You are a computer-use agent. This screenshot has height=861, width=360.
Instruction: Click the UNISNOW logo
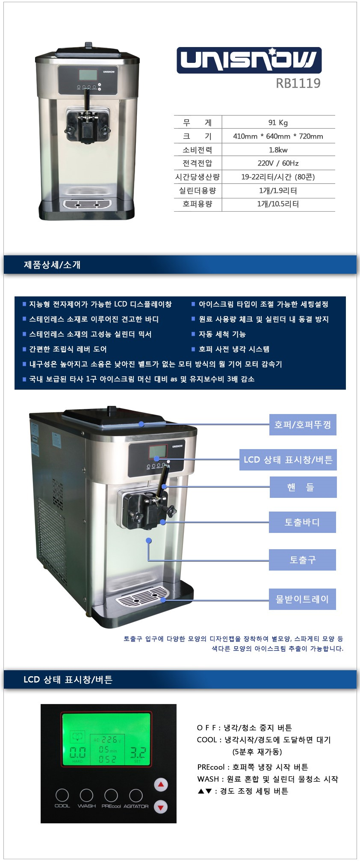click(249, 60)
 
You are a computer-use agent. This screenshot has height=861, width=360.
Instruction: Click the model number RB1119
click(298, 83)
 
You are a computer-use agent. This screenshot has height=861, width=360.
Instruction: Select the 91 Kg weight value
click(278, 123)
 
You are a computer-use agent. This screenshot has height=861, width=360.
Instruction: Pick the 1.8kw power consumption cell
click(278, 150)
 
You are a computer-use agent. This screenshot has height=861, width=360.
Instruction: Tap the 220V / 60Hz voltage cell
click(278, 163)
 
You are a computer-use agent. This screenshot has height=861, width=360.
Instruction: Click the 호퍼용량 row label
click(197, 204)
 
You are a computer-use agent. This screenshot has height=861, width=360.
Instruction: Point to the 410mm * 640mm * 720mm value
click(278, 136)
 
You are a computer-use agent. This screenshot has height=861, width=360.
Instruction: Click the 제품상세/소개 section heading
click(52, 265)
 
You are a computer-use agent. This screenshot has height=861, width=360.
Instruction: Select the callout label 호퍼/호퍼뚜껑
click(303, 425)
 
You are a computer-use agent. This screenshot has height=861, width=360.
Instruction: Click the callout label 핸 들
click(303, 487)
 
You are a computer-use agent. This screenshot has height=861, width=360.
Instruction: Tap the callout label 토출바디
click(302, 522)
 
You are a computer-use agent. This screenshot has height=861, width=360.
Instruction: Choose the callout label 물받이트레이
click(302, 599)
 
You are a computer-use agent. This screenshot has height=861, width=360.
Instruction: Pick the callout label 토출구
click(302, 560)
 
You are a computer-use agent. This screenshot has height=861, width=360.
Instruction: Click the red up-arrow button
click(161, 785)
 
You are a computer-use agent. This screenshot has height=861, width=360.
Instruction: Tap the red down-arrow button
click(161, 807)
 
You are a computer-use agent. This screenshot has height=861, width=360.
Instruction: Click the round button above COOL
click(62, 795)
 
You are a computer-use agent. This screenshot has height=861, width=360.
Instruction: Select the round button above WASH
click(86, 795)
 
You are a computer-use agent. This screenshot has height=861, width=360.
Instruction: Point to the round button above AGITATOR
click(136, 795)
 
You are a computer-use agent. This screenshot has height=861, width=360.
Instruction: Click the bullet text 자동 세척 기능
click(222, 334)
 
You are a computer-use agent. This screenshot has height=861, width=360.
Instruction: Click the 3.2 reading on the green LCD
click(138, 753)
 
